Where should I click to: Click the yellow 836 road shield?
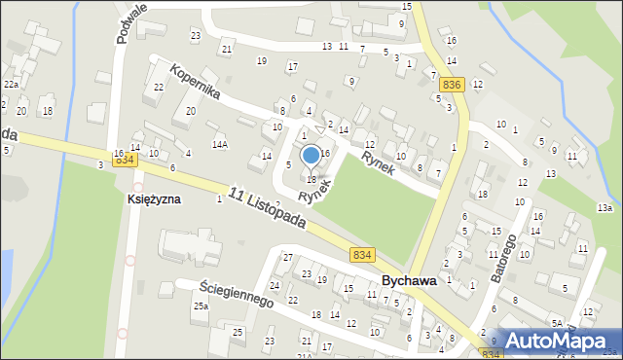tap(451, 85)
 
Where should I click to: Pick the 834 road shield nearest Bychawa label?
tap(362, 254)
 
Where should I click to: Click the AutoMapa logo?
tap(557, 340)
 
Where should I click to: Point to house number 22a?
tap(11, 85)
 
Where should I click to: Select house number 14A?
tap(221, 144)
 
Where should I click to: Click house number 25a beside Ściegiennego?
tap(201, 306)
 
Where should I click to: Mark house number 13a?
tap(605, 208)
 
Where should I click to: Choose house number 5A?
tap(558, 322)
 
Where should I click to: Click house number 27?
tap(287, 257)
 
